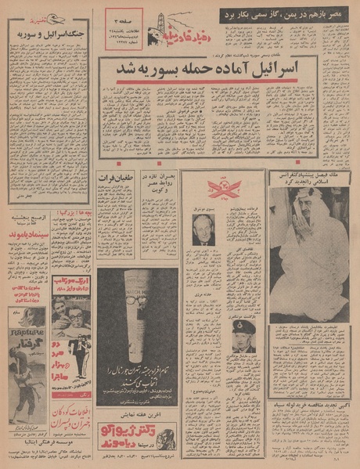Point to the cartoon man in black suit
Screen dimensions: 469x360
coord(78,350)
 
